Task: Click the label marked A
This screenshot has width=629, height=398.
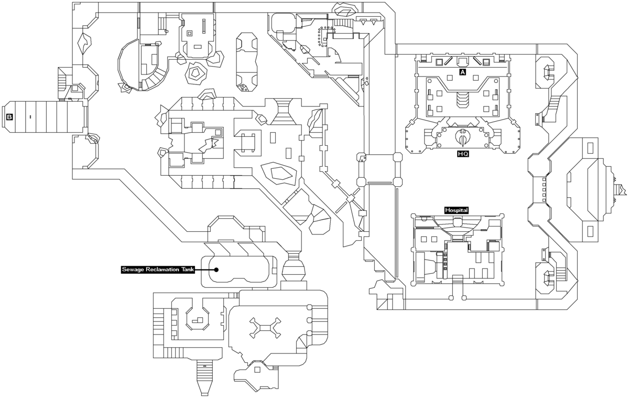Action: (x=462, y=72)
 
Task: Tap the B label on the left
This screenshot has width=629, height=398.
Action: (x=9, y=117)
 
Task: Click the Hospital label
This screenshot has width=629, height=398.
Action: (x=456, y=210)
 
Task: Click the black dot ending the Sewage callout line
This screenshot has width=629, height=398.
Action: (x=216, y=270)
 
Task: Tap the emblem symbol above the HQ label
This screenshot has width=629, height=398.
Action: (x=463, y=137)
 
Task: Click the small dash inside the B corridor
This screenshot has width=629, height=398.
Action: (x=30, y=116)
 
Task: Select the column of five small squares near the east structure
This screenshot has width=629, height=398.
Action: (x=544, y=190)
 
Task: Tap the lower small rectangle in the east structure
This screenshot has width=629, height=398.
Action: (x=590, y=230)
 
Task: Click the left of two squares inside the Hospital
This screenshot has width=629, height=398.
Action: (x=422, y=239)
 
